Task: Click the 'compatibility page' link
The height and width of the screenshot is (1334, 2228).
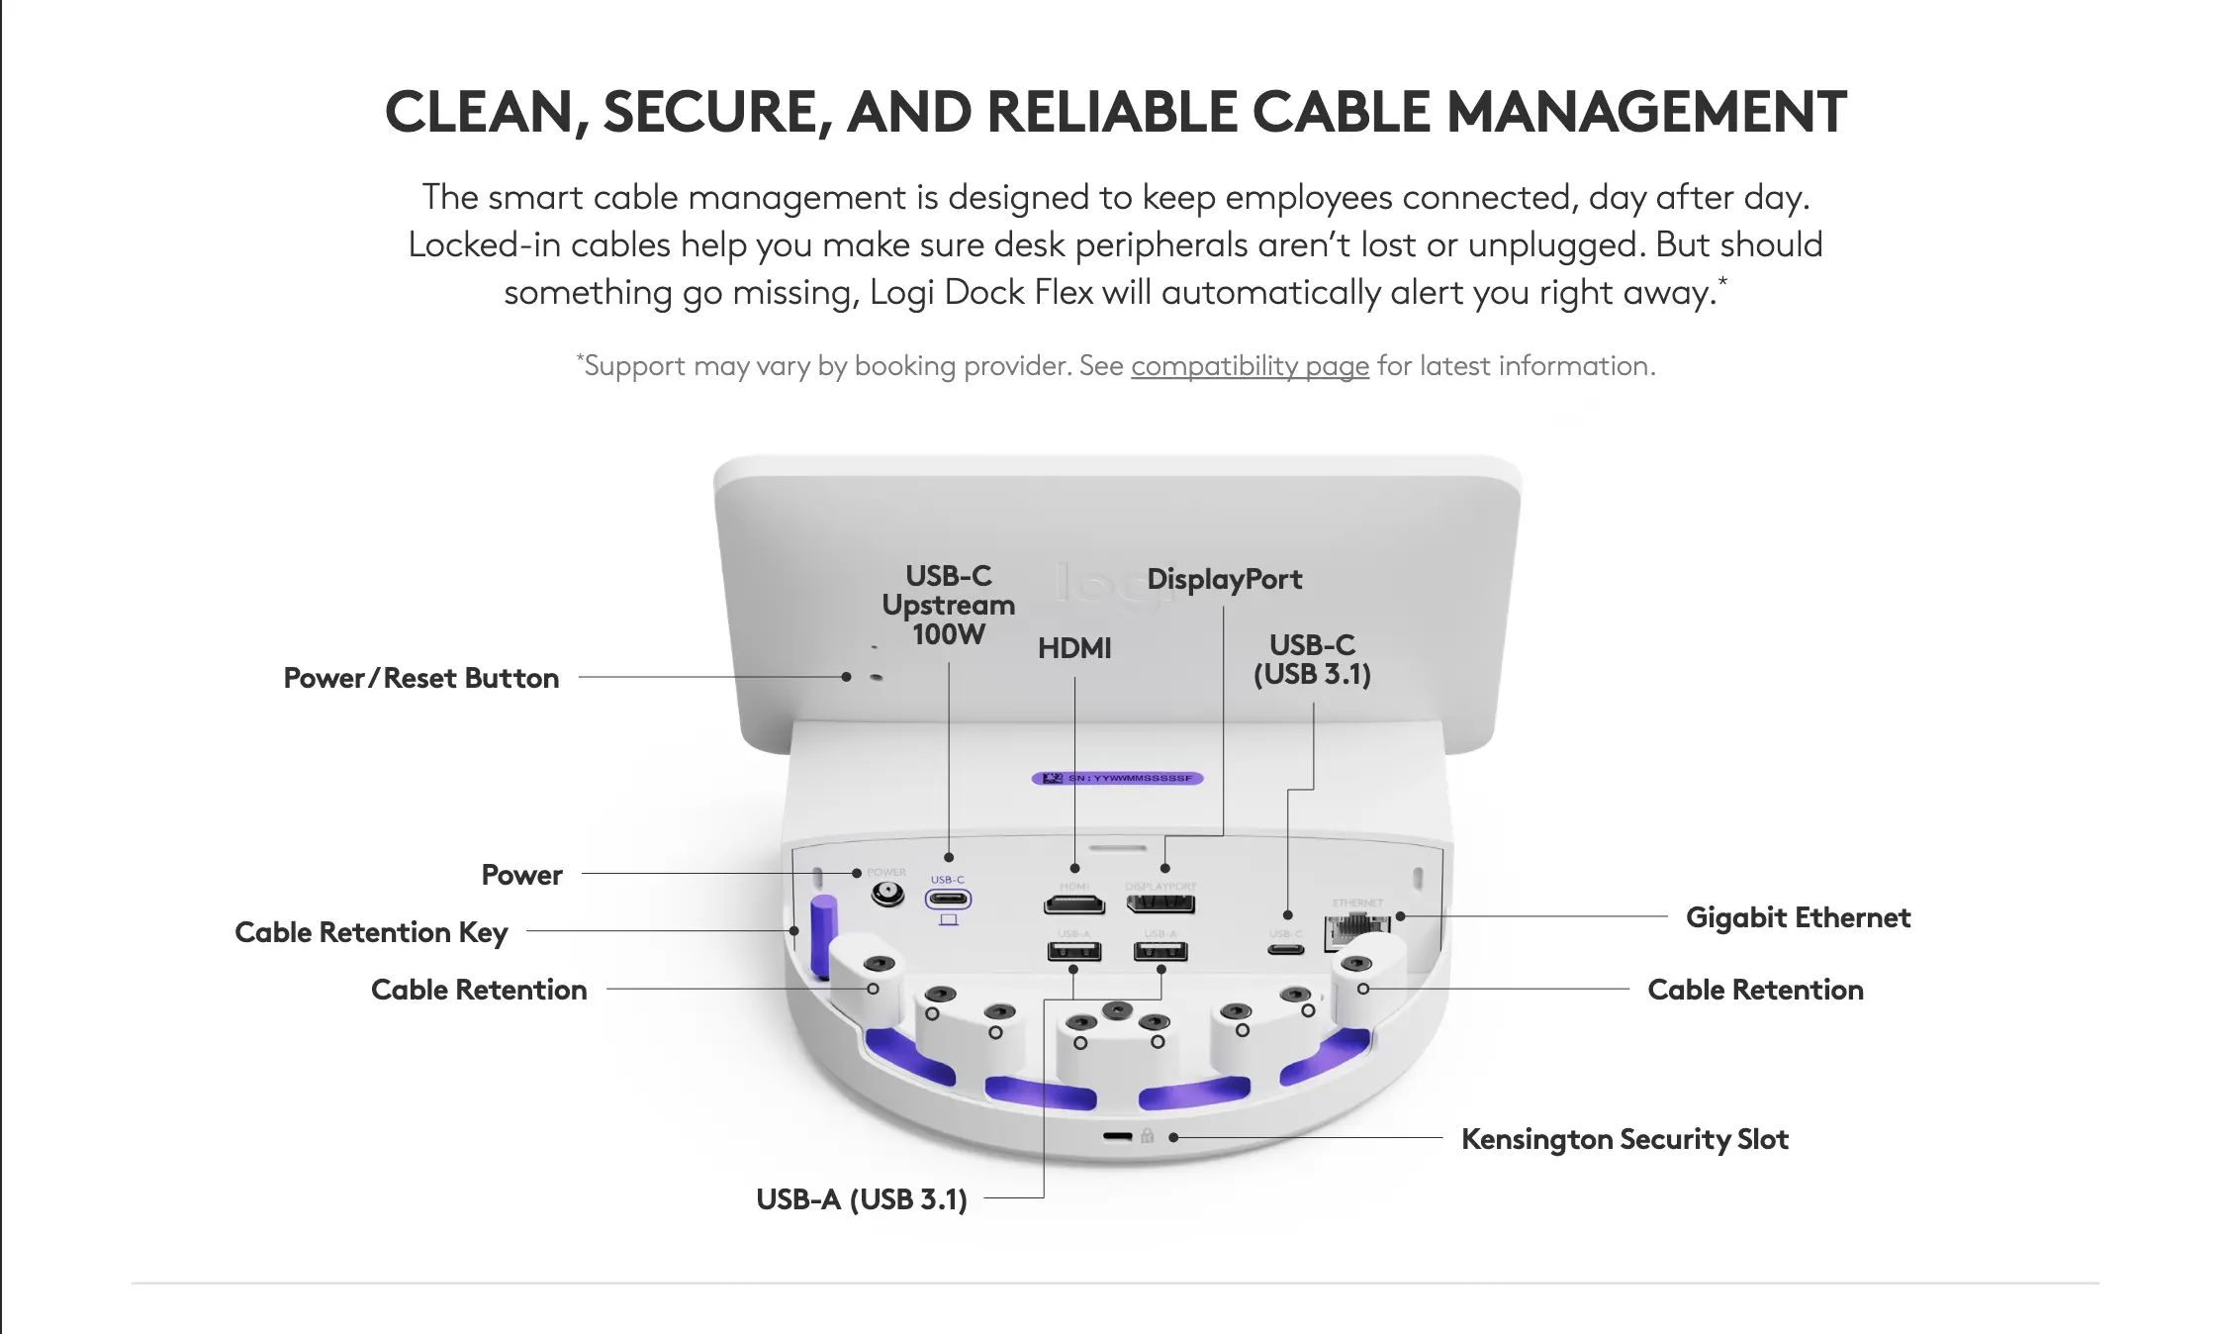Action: pos(1250,366)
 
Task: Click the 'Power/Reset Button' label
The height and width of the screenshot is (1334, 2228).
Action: pos(421,678)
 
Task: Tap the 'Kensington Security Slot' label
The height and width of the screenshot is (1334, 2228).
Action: pos(1625,1139)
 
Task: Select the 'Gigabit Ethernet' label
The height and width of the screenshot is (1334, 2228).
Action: pos(1798,917)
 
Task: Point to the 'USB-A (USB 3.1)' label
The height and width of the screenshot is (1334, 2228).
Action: pos(861,1199)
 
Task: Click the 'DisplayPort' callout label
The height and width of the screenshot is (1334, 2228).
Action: pos(1224,579)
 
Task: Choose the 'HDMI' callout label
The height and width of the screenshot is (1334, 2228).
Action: pos(1074,648)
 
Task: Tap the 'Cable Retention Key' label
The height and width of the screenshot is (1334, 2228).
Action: pos(371,932)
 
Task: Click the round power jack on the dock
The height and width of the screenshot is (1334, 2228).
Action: pos(886,895)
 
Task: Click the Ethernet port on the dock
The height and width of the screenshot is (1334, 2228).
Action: pos(1356,928)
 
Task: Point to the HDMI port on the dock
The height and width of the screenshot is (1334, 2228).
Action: pos(1074,904)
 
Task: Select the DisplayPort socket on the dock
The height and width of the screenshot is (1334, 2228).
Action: pos(1160,904)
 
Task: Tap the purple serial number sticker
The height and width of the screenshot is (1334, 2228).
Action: pos(1117,779)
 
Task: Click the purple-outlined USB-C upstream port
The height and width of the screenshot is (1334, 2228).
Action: pos(948,900)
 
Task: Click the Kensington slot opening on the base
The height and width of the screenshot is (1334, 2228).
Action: pos(1118,1136)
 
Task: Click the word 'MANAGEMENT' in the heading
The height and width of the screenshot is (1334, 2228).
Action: pos(1646,112)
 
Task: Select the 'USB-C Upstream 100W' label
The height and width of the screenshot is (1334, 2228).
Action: pos(948,605)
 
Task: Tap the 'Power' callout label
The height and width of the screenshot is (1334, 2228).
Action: pos(521,875)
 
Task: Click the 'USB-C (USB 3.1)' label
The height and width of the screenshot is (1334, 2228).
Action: pos(1312,660)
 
